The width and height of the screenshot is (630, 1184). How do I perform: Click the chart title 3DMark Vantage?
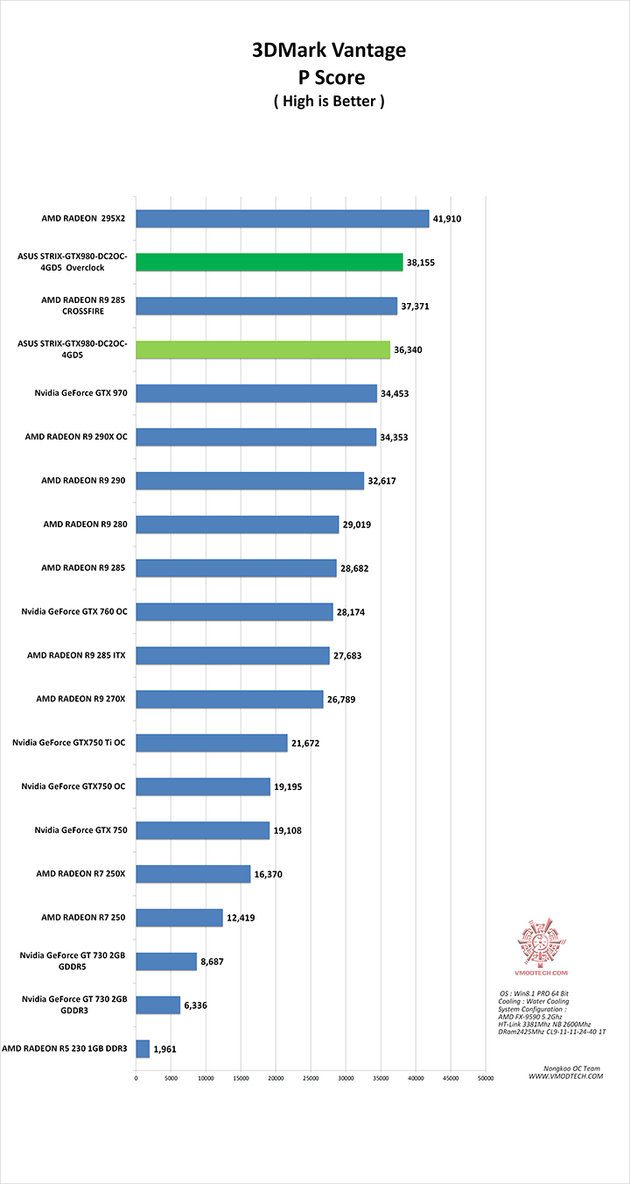click(x=329, y=51)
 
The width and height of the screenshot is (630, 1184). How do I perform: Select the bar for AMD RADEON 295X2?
click(x=283, y=218)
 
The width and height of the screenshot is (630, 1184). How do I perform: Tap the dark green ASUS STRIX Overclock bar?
click(x=269, y=262)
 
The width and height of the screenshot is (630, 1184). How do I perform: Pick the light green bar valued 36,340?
click(x=263, y=349)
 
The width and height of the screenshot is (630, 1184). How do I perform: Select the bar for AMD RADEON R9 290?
click(x=250, y=481)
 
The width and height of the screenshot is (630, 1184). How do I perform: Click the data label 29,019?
click(x=360, y=525)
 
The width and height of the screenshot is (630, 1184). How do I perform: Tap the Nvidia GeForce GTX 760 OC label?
click(x=75, y=611)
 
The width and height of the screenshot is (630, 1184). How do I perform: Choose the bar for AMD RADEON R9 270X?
click(x=230, y=699)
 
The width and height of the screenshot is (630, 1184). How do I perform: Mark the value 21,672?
click(x=308, y=743)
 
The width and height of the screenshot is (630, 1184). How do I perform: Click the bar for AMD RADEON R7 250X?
click(x=193, y=874)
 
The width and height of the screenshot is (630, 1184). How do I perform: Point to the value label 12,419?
click(x=244, y=918)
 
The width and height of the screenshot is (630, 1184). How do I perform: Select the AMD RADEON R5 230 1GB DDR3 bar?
click(x=143, y=1048)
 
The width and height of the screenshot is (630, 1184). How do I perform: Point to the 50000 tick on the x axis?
click(x=485, y=1078)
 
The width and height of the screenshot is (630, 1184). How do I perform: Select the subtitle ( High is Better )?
click(x=329, y=101)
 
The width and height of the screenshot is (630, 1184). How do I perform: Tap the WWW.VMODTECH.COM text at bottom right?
click(x=565, y=1076)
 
